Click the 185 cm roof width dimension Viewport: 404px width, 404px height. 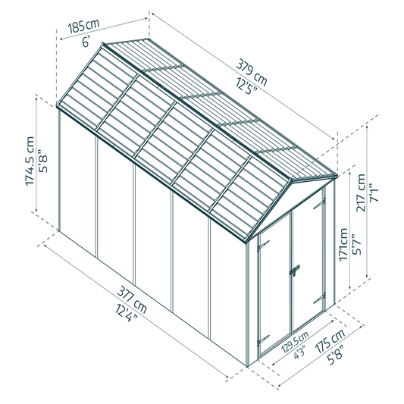click(x=83, y=26)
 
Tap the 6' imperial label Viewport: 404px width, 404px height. click(x=86, y=41)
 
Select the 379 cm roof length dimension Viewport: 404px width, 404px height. click(x=252, y=73)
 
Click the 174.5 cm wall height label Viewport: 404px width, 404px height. click(x=30, y=161)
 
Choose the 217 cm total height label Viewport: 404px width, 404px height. click(x=361, y=193)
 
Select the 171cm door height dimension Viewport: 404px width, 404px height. click(x=343, y=245)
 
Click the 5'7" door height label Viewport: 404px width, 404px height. click(x=357, y=244)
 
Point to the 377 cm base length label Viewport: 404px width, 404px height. click(x=132, y=300)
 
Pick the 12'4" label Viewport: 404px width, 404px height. click(x=127, y=312)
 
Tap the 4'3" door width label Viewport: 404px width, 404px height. click(x=299, y=352)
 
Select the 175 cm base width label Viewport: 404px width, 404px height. click(x=330, y=341)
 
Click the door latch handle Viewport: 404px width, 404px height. click(x=294, y=271)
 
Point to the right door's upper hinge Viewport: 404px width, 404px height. click(x=319, y=205)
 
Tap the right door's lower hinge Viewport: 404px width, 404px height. click(x=319, y=299)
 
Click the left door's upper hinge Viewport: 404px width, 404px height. click(x=263, y=245)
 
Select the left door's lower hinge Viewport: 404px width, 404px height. click(x=263, y=340)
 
